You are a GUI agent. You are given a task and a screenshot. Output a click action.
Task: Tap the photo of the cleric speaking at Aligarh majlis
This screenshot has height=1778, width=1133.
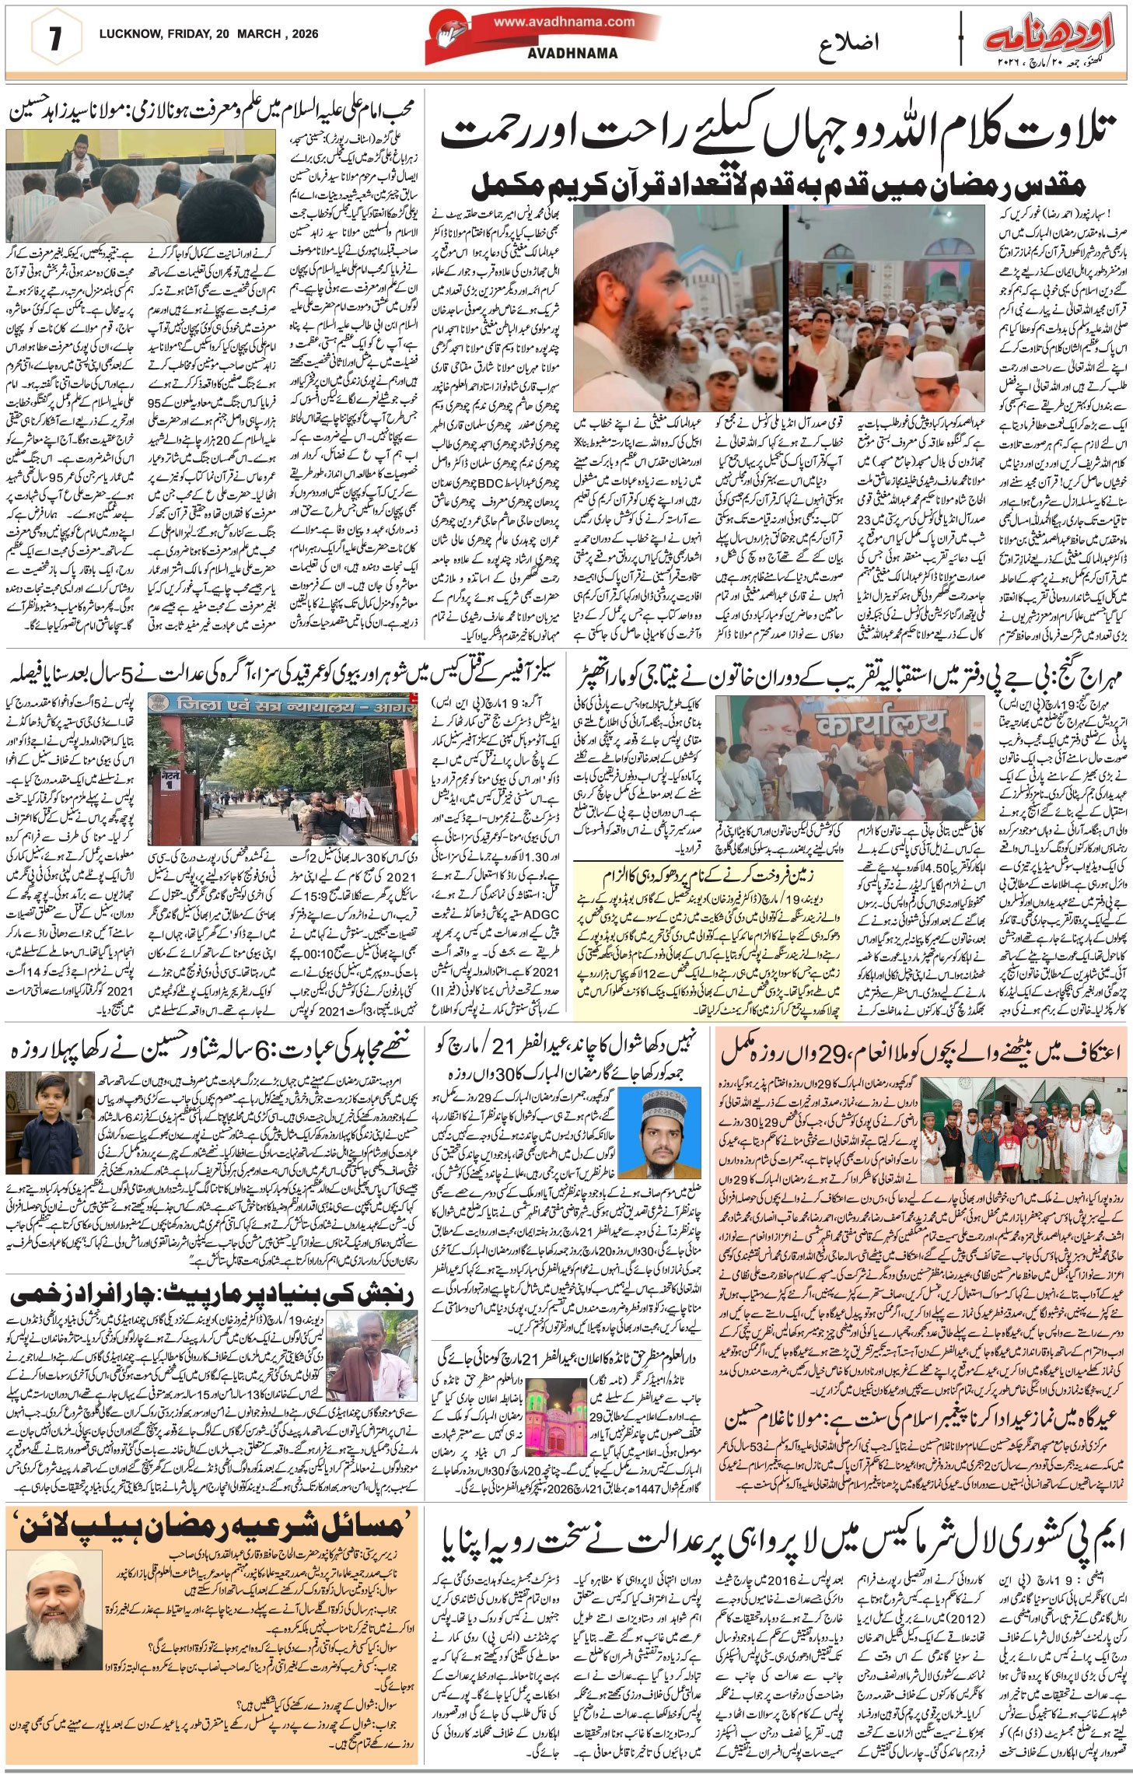pyautogui.click(x=141, y=186)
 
